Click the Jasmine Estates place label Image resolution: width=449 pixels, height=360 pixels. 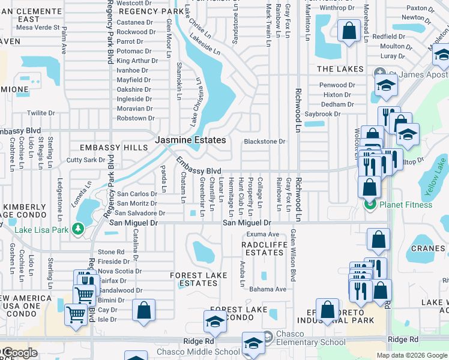(190, 140)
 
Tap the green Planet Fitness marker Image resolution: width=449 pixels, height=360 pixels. (369, 205)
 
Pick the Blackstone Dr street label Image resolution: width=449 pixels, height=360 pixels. (264, 142)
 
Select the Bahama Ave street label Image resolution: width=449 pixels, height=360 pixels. (268, 289)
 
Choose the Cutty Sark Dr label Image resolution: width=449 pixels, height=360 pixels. (85, 160)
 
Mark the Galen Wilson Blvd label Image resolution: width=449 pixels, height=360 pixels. (293, 255)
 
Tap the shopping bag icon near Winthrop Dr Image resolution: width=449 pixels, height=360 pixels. (349, 30)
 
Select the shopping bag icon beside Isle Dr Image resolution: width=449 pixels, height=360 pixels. (143, 310)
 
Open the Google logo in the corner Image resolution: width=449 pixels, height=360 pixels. (19, 353)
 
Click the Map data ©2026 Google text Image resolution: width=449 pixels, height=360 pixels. (411, 355)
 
